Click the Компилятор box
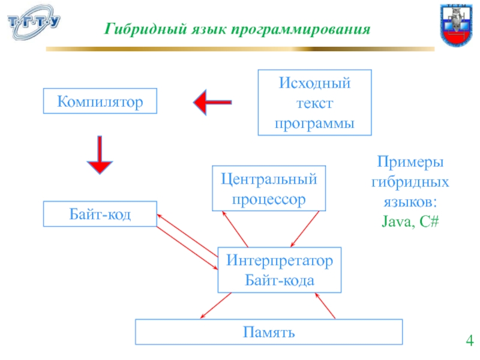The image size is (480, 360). [100, 101]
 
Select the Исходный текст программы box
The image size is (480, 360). [314, 101]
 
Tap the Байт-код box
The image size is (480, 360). [100, 214]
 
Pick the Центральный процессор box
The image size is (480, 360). [269, 188]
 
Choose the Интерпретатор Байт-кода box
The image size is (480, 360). [279, 269]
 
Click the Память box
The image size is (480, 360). [269, 331]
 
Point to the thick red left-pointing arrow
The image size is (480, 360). [212, 103]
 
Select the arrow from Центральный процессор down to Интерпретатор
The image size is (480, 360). [304, 229]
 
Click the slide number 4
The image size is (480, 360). [469, 343]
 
